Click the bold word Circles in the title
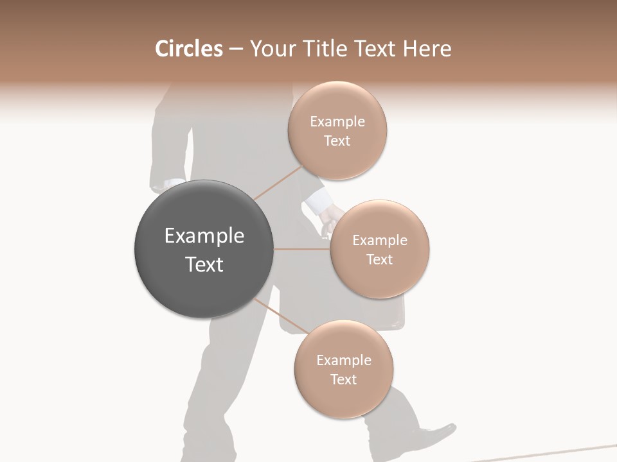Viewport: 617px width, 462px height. (189, 49)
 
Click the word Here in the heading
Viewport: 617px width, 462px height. (427, 49)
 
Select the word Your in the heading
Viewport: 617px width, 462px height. (271, 49)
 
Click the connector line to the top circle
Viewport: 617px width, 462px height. (278, 183)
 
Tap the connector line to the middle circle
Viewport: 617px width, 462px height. (302, 249)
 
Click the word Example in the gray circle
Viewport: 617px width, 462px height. (204, 236)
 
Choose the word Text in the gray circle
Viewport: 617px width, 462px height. (204, 264)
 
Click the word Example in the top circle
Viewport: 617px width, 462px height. (337, 122)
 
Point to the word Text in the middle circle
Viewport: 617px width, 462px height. (379, 259)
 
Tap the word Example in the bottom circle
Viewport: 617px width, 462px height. (343, 361)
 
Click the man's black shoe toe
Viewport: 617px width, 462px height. (447, 429)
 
